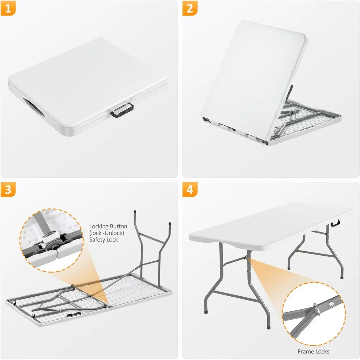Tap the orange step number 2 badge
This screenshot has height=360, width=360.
click(x=190, y=9)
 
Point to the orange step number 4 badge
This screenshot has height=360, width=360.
click(x=190, y=190)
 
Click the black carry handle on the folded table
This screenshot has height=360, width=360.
click(x=121, y=110)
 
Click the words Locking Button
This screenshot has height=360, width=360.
click(x=108, y=226)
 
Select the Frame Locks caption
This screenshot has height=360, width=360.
click(x=314, y=351)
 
